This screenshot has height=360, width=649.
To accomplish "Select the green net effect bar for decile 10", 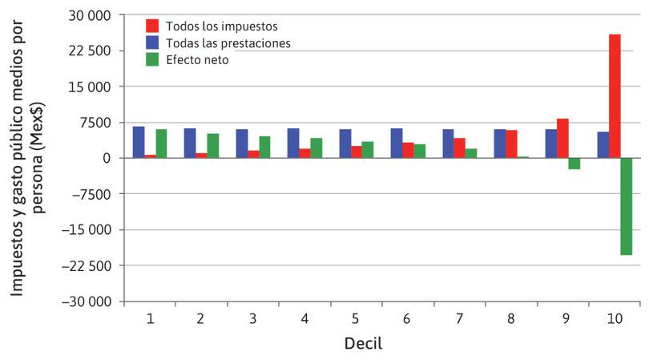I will (626, 206).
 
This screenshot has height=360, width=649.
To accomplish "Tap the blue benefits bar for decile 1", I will (139, 143).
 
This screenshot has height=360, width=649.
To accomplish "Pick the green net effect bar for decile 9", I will (574, 164).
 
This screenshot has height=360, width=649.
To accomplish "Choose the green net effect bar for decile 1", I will (161, 144).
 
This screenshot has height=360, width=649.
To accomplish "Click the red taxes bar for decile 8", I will (511, 144).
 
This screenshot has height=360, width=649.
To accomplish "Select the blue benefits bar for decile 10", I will (603, 145).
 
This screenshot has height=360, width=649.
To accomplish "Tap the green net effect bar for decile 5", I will (368, 150).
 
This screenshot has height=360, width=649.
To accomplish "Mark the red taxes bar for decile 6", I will (408, 150).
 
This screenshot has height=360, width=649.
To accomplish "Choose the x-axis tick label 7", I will (459, 319).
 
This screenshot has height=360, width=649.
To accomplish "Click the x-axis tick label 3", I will (253, 319).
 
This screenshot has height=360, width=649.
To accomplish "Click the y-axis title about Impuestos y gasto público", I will (24, 159).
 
